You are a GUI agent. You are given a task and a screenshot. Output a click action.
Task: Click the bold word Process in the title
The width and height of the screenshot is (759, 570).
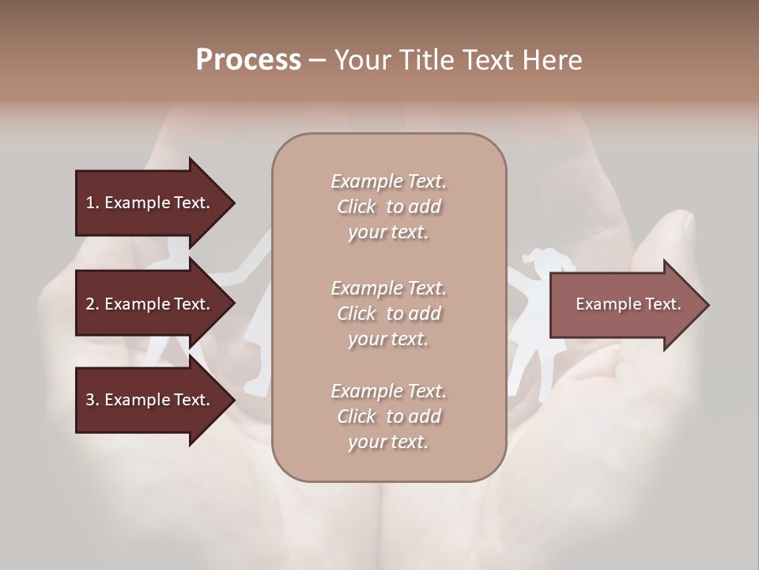(x=248, y=60)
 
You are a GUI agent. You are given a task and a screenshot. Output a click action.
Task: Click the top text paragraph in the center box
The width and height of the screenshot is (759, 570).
(x=388, y=207)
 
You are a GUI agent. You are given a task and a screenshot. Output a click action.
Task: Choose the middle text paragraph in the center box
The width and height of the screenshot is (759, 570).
(x=388, y=313)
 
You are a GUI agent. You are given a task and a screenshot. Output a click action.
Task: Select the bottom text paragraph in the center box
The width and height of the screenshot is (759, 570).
(x=388, y=416)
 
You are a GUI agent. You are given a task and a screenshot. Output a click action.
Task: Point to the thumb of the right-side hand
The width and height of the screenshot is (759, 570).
(x=668, y=237)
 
